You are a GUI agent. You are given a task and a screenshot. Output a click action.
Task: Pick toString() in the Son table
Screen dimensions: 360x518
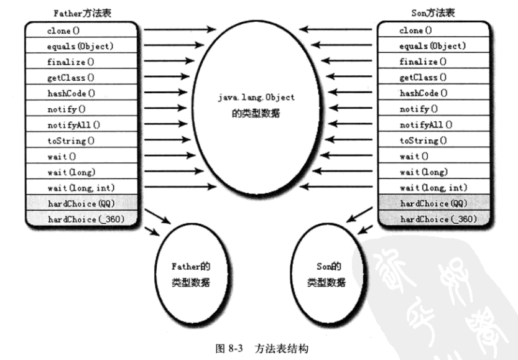point(423,141)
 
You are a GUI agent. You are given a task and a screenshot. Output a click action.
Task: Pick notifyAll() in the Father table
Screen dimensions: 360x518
point(73,125)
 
